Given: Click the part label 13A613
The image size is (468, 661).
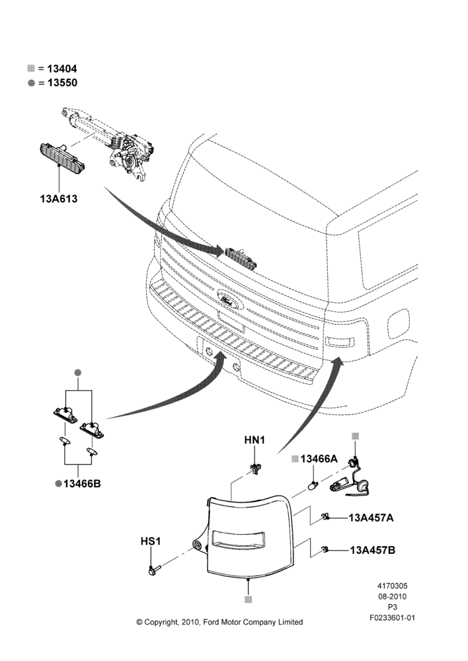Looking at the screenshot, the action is click(59, 198).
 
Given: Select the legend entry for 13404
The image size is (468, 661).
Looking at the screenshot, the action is click(52, 69).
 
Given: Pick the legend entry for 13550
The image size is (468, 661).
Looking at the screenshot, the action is click(52, 83).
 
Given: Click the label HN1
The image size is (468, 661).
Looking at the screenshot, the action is click(254, 440).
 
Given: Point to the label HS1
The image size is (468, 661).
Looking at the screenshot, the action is click(151, 541).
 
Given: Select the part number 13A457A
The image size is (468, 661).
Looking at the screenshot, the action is click(371, 518).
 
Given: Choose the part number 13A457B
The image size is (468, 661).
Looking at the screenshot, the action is click(372, 550).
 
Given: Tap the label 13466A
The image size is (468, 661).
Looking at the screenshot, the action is click(315, 459).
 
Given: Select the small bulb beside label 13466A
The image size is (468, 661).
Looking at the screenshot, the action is click(313, 485).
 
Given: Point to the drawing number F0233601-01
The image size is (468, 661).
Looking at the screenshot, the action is click(392, 618).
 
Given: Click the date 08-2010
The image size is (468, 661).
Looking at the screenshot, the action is click(392, 596).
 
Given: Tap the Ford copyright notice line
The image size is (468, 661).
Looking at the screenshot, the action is click(219, 622).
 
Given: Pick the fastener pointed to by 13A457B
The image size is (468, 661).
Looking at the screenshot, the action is click(325, 549).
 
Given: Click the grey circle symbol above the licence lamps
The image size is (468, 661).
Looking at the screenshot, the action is click(77, 373).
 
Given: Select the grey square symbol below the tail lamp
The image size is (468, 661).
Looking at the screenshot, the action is click(249, 600).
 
